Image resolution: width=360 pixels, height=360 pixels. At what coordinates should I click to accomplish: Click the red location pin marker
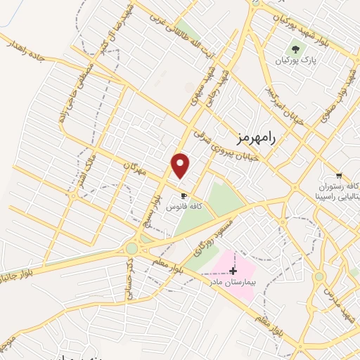(x=181, y=165)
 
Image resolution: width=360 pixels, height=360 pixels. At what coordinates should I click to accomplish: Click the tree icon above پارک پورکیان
(x=295, y=50)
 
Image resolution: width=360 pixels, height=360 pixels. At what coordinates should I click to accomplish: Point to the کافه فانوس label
(x=184, y=207)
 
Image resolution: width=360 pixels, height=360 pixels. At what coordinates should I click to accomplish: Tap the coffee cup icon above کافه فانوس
(x=184, y=195)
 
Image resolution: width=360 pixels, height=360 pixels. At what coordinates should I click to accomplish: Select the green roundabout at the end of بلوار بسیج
(x=131, y=248)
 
